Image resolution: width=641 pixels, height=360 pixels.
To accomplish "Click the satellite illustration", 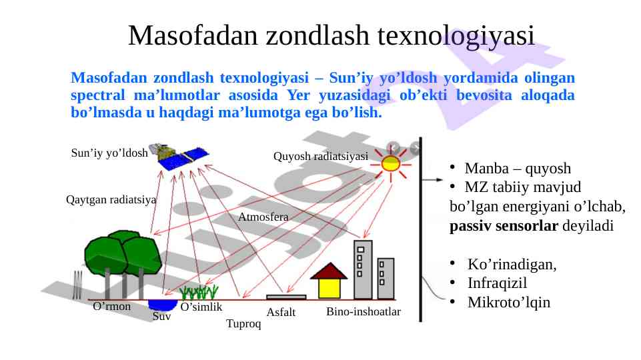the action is click(180, 156).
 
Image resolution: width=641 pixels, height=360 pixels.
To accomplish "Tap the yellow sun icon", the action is click(390, 164).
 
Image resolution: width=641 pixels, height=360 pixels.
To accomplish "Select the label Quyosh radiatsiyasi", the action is click(320, 156).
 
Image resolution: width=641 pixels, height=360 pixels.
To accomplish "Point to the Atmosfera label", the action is click(263, 217).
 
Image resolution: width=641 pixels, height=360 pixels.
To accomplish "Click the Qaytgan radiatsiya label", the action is click(111, 200).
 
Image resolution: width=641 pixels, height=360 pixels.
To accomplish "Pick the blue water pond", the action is click(162, 305).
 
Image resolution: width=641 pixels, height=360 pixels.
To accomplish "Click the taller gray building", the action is click(363, 270).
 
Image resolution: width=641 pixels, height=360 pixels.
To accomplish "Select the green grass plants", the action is click(199, 292).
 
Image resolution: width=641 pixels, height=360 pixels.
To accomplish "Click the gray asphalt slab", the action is click(286, 297).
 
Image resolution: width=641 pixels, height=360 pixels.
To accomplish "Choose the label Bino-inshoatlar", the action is click(364, 311).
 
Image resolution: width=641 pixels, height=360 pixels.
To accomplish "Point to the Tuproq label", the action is click(243, 323).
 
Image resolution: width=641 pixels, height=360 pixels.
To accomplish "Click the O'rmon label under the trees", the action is click(111, 306).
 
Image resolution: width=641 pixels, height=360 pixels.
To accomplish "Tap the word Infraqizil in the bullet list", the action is click(497, 283).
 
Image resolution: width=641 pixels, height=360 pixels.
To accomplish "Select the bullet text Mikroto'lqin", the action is click(509, 302).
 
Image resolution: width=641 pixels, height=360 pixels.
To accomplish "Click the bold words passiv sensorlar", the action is click(504, 225).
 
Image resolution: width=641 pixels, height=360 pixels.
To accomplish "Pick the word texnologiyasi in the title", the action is click(456, 36).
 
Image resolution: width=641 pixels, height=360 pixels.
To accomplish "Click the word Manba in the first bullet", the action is click(487, 168).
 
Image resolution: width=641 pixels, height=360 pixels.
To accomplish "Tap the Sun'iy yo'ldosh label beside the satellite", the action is click(109, 153).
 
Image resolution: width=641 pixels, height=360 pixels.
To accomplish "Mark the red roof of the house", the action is click(329, 271).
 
